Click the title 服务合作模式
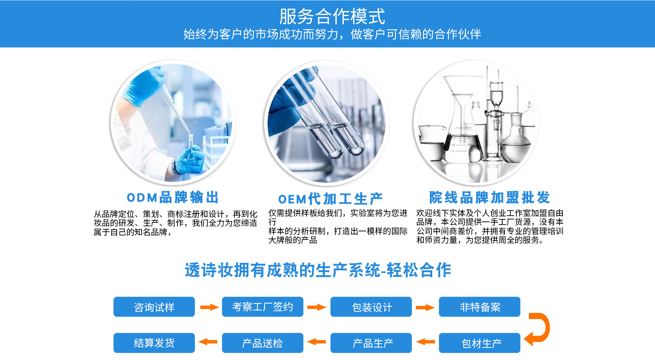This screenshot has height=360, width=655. click(x=332, y=16)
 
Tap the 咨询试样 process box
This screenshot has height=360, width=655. click(x=154, y=307)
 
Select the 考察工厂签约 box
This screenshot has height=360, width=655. click(x=263, y=307)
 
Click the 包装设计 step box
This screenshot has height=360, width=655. click(x=371, y=307)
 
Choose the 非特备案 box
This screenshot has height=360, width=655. click(x=480, y=307)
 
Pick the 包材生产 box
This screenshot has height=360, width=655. click(x=480, y=343)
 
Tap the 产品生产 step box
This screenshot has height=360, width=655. click(x=371, y=343)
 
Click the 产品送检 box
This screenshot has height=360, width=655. click(x=263, y=343)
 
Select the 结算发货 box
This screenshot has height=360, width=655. click(x=154, y=343)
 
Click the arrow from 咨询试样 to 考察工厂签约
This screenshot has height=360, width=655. click(x=209, y=307)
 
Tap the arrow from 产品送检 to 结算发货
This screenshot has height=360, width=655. click(x=208, y=342)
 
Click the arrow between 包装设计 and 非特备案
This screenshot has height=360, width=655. click(x=425, y=307)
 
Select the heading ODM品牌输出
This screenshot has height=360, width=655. click(x=173, y=198)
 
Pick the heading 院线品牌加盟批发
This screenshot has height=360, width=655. click(x=489, y=198)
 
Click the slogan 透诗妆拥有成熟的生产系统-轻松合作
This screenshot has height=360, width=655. click(x=318, y=270)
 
